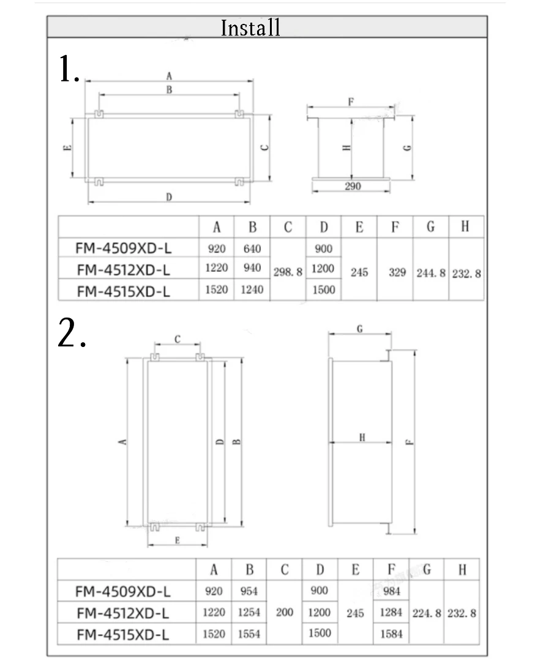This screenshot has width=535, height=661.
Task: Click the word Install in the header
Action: coord(251,28)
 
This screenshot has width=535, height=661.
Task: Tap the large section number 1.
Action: coord(69,69)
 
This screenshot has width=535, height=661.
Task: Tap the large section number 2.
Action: coord(71,334)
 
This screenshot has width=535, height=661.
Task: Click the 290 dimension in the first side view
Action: coord(353,186)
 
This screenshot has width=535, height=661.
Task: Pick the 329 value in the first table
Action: coord(397,272)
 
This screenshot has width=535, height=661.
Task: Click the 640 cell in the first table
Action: coord(252,248)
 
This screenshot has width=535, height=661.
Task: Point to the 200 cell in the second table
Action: coord(285,612)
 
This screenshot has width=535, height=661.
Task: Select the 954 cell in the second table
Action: coord(249,591)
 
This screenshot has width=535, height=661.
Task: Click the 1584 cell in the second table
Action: coord(391,634)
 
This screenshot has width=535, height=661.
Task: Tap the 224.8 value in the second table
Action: coord(427,613)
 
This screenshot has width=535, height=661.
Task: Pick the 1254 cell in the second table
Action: coord(249,613)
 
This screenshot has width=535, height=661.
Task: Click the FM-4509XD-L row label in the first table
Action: coord(124,248)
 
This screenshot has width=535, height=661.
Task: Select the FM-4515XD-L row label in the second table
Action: coord(123,635)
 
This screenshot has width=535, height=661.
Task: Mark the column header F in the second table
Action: coord(392,570)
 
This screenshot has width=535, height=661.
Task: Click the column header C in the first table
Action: coord(288,228)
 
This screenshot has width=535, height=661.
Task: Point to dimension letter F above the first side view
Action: coord(351,102)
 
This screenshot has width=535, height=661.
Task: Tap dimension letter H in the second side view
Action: coord(362,437)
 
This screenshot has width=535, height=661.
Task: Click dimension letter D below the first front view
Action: coord(169,196)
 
